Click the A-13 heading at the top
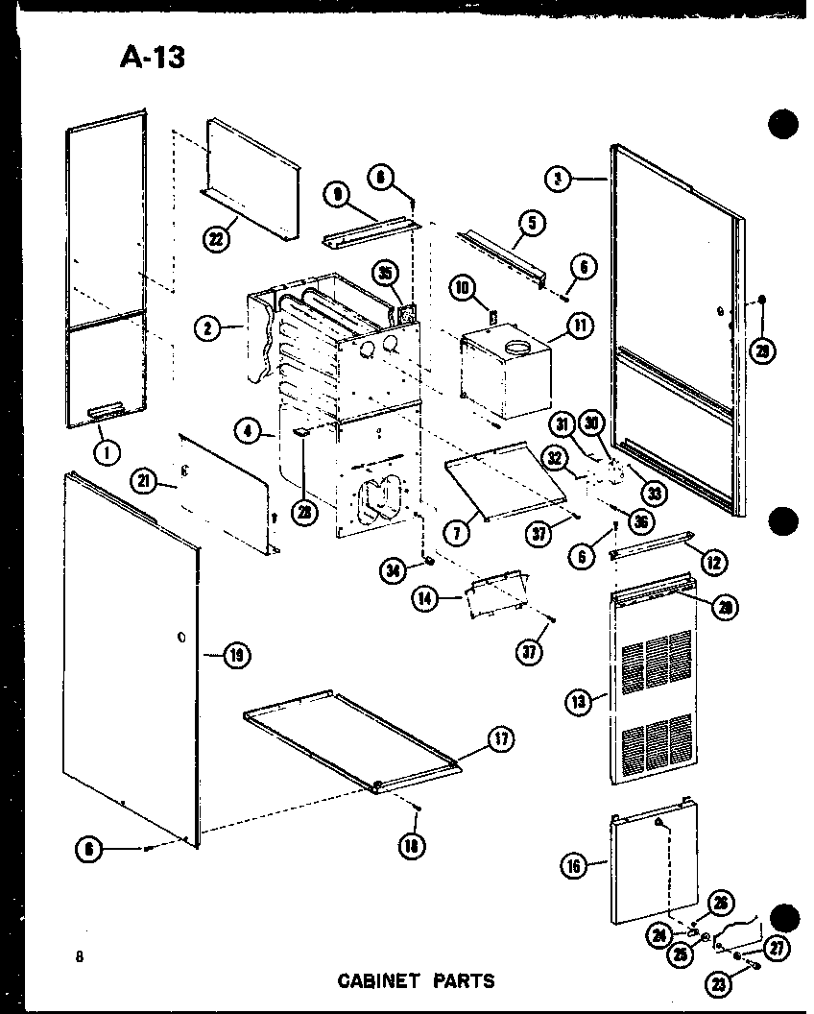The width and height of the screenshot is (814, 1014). [x=152, y=58]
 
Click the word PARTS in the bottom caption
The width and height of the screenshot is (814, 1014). [x=463, y=980]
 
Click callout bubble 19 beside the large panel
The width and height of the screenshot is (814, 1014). [x=236, y=657]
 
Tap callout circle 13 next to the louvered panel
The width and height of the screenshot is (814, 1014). [x=577, y=703]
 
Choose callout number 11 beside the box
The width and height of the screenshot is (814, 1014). [x=581, y=325]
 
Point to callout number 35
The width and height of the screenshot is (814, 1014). [x=386, y=273]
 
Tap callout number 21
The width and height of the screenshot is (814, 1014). [x=146, y=482]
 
